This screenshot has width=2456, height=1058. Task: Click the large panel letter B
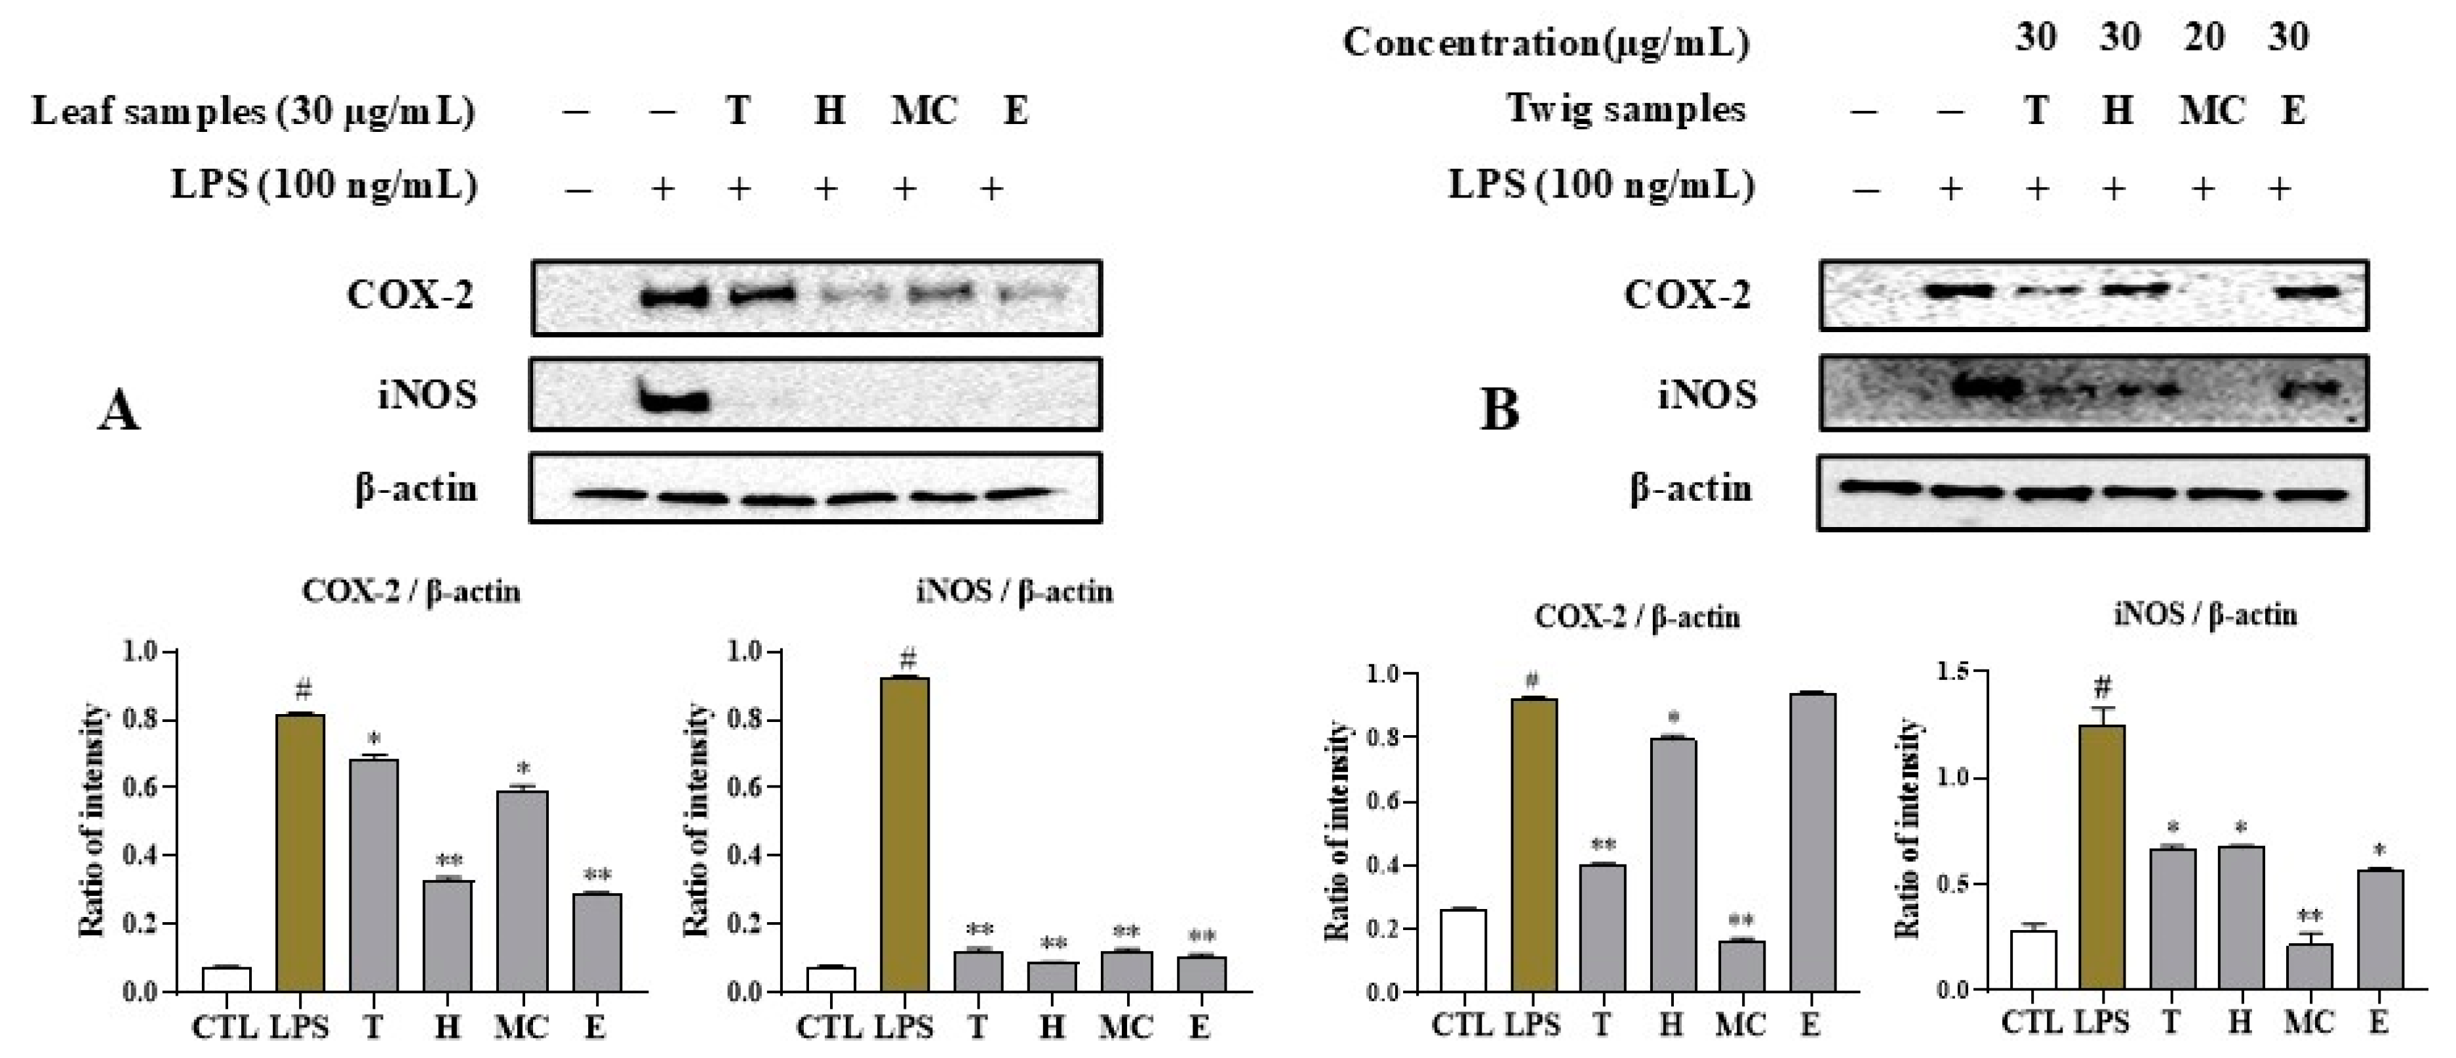(1499, 411)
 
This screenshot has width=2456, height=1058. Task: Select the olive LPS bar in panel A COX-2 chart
(300, 853)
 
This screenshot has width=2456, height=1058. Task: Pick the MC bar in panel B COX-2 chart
(1741, 966)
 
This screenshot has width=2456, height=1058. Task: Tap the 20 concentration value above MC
(2204, 38)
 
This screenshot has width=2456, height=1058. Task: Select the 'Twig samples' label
(1625, 109)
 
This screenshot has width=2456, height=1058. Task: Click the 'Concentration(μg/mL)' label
(1547, 42)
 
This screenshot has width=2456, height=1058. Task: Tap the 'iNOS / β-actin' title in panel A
(1014, 593)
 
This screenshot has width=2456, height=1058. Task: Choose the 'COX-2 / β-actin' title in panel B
(1637, 617)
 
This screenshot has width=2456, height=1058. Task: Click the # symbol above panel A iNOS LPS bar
(907, 658)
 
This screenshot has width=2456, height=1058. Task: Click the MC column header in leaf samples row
(923, 112)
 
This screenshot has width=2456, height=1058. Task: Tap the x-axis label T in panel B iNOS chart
(2170, 1023)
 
